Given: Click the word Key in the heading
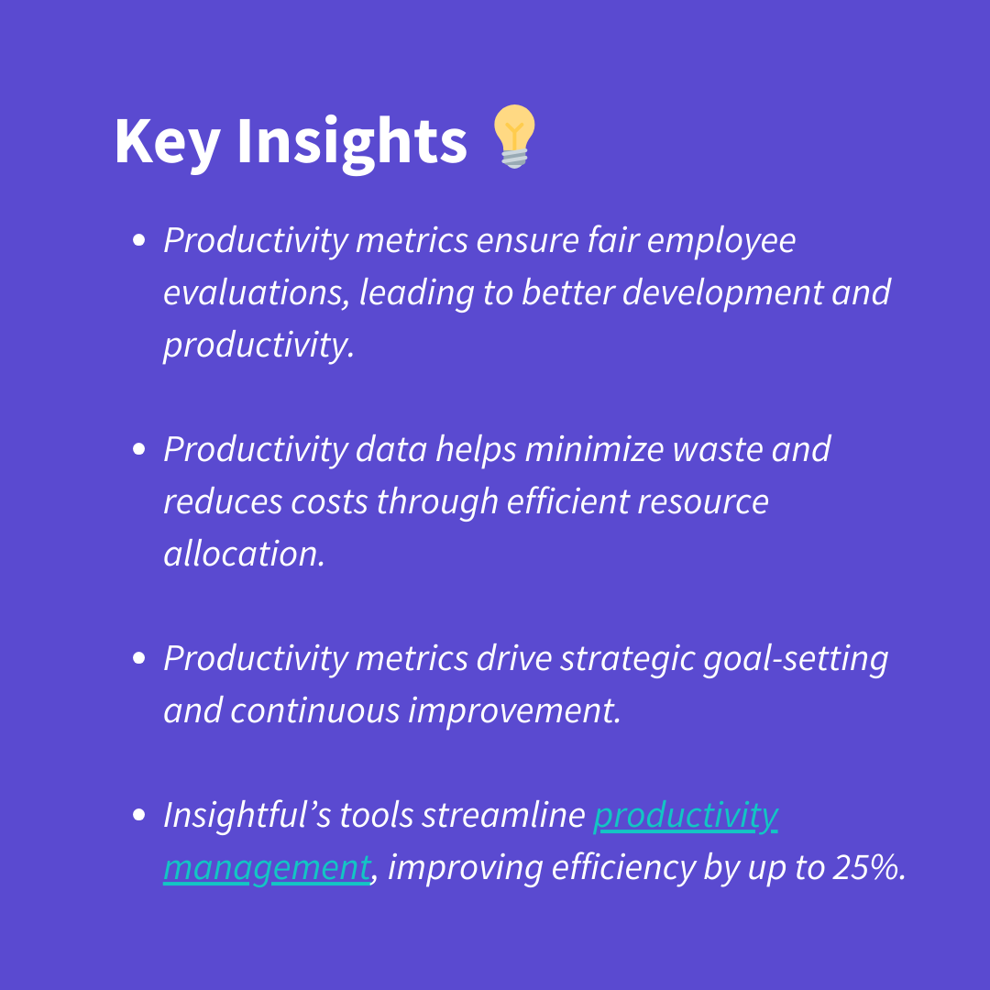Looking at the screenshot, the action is pos(168,142).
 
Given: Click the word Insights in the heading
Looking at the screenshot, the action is pos(352,142).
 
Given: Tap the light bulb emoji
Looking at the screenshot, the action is pos(514,137).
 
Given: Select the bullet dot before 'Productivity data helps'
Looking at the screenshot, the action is pos(139,449).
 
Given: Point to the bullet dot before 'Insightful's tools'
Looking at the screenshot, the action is pos(139,815).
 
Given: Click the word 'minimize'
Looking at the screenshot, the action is pos(594,449).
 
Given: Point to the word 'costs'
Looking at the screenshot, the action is pos(329,503).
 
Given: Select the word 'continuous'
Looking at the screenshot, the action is pos(315,711).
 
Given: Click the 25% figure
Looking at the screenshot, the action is pos(869,867).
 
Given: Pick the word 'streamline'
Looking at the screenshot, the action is pos(504,815).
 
